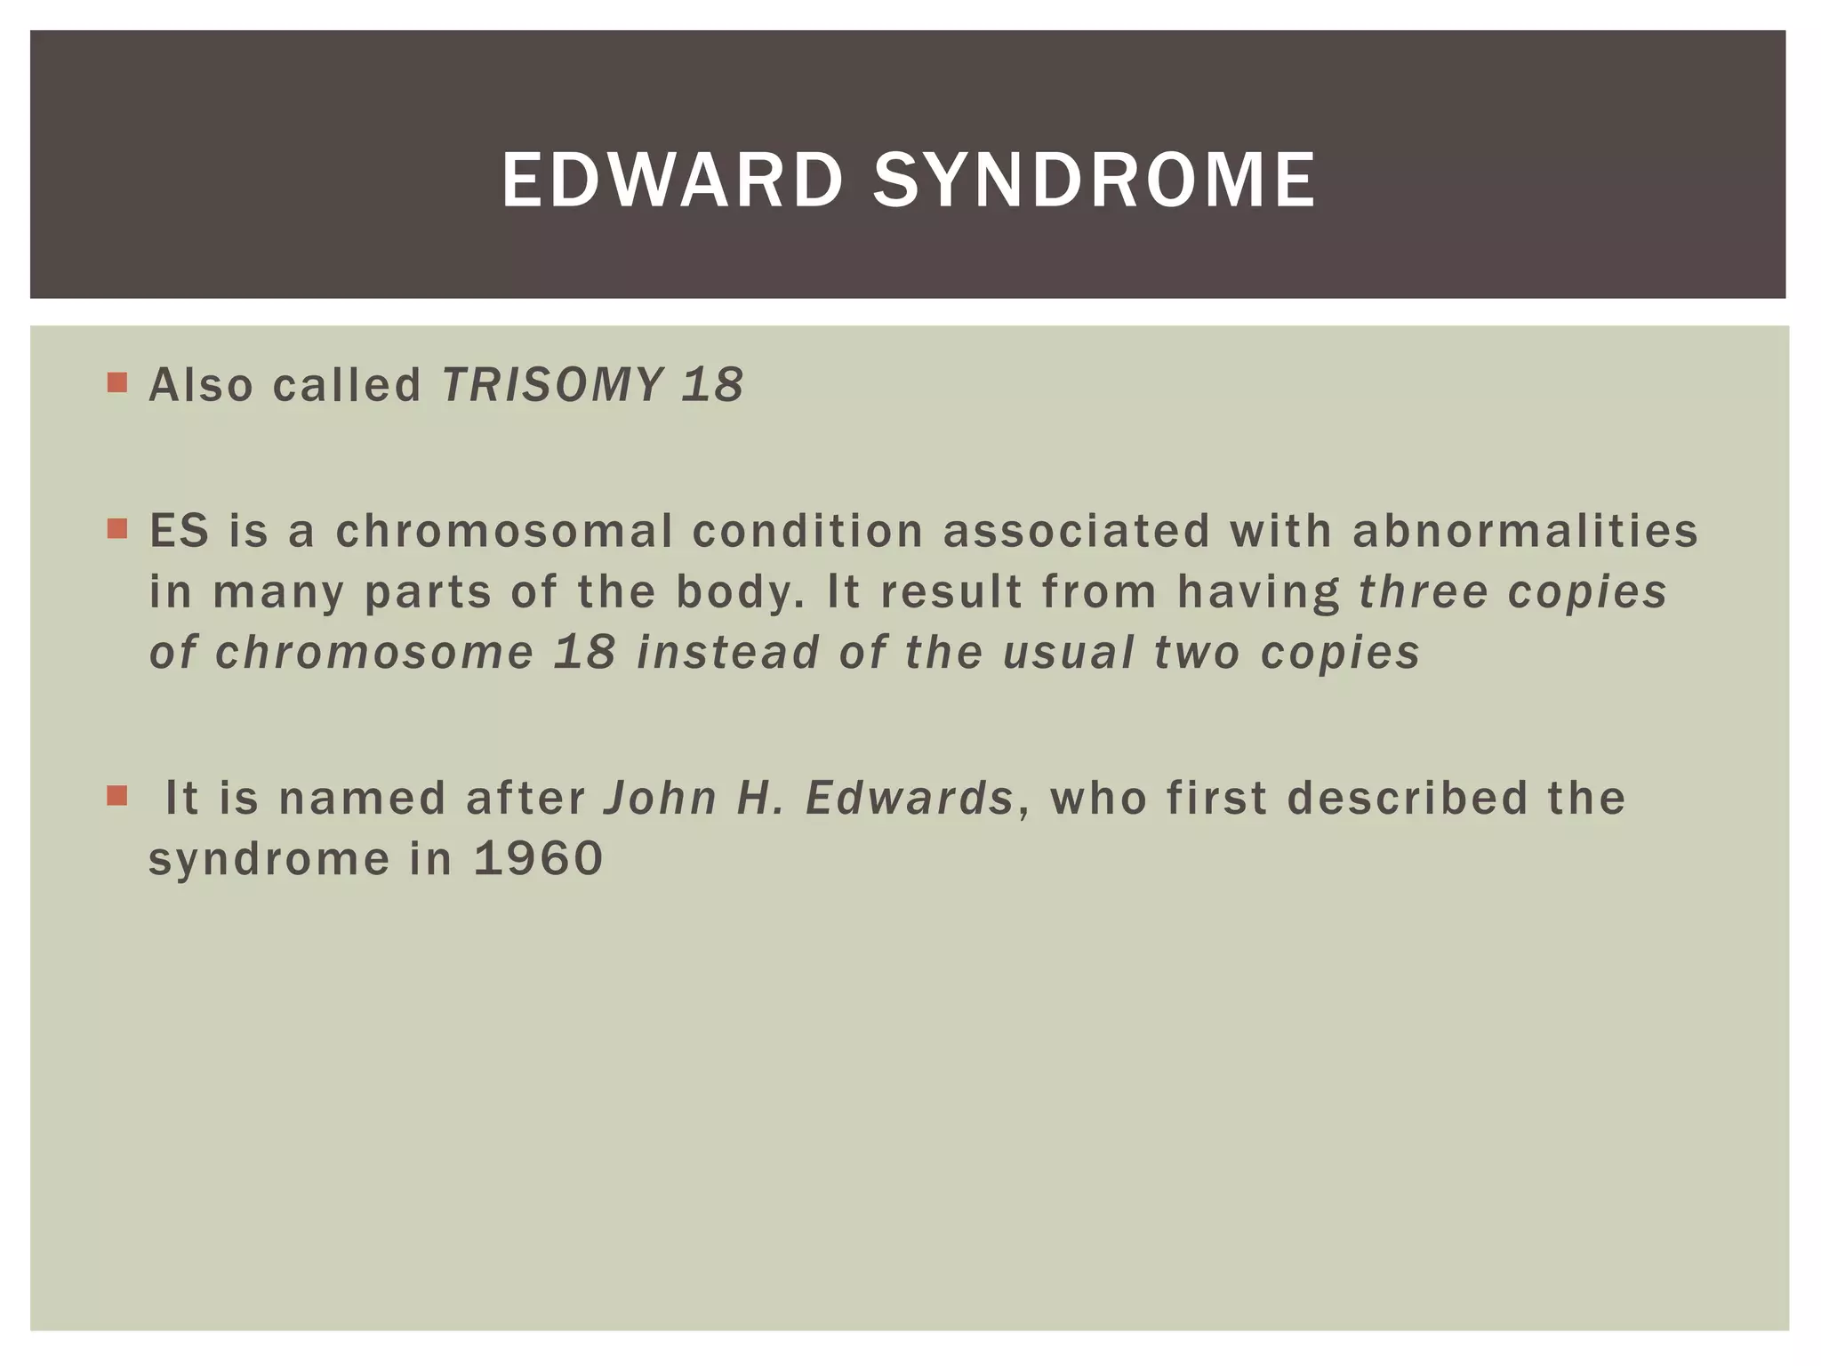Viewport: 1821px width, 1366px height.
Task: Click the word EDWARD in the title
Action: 671,181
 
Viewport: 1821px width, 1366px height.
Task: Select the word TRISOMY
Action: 552,385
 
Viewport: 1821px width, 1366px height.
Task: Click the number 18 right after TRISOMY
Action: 712,385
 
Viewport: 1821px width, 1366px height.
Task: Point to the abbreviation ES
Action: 180,531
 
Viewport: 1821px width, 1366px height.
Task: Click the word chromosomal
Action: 504,531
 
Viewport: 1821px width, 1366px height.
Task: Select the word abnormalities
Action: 1525,531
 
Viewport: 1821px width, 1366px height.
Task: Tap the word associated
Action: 1076,531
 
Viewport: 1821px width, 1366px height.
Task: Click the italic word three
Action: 1424,592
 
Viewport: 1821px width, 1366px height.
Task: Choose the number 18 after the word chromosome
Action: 584,653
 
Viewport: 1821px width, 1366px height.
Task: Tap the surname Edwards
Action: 909,798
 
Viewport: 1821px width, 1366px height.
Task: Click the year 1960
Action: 539,859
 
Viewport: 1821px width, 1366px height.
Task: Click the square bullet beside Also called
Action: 116,383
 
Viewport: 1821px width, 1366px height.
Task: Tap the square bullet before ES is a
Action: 116,529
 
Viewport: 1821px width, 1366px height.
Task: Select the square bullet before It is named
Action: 116,795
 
